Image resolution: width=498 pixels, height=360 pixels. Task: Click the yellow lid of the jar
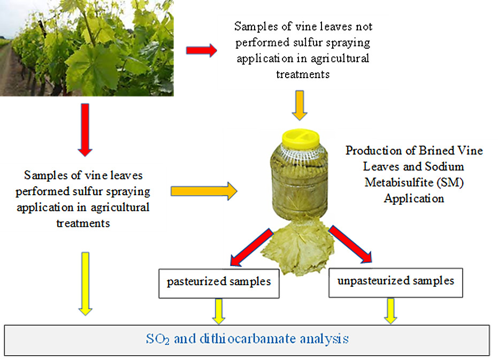click(x=301, y=139)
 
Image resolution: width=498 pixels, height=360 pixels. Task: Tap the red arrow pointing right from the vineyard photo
click(x=201, y=50)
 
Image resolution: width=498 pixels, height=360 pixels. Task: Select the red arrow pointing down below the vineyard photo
click(x=85, y=129)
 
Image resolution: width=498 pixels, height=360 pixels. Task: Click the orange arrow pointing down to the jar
click(x=299, y=105)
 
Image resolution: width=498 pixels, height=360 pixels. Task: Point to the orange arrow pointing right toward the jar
click(x=204, y=191)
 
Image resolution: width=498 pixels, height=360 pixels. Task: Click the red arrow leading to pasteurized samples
click(x=251, y=247)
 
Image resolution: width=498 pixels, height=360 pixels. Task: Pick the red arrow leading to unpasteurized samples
click(x=350, y=244)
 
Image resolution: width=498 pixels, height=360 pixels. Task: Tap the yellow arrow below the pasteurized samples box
click(x=218, y=311)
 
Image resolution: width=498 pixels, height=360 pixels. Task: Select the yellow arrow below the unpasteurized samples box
click(x=390, y=311)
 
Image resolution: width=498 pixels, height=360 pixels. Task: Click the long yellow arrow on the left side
click(x=86, y=284)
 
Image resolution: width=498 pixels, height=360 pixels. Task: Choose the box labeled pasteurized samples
click(x=219, y=284)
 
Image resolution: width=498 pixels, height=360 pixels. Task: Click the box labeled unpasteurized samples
click(x=395, y=283)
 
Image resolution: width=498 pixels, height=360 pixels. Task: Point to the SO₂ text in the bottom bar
click(x=157, y=339)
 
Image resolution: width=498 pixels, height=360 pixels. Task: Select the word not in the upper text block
click(x=364, y=27)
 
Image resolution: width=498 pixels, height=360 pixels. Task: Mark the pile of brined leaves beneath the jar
click(x=297, y=248)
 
